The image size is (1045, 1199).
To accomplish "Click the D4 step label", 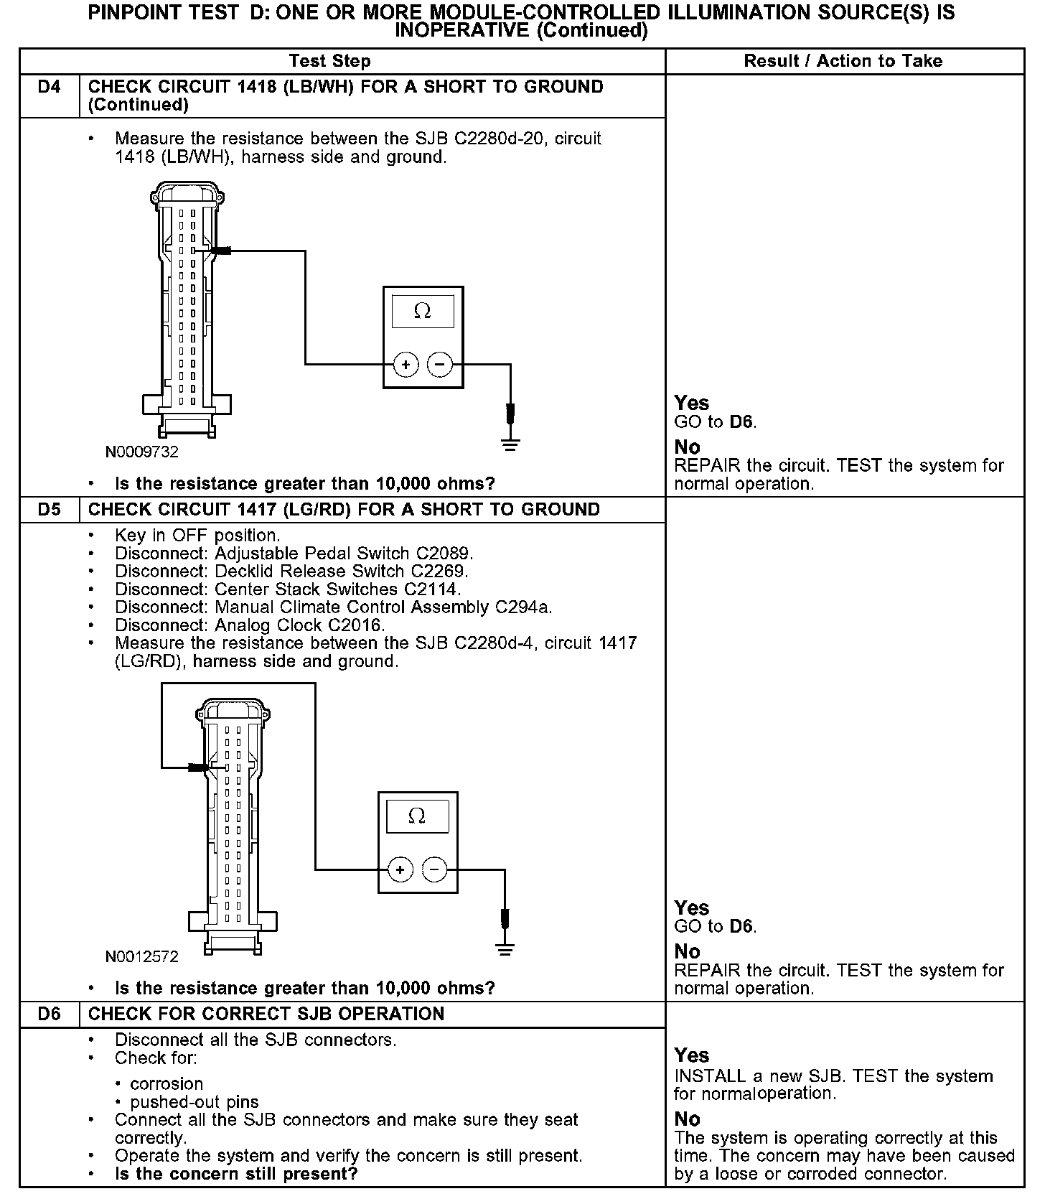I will click(x=49, y=87).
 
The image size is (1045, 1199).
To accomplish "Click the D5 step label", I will click(x=49, y=510).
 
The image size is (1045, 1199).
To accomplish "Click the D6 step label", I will click(x=49, y=1014).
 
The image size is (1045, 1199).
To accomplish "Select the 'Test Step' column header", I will click(x=329, y=61).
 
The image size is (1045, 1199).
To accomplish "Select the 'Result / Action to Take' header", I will click(x=843, y=61).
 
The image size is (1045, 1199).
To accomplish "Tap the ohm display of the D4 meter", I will click(x=423, y=311).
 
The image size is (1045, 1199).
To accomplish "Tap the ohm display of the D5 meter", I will click(x=417, y=816).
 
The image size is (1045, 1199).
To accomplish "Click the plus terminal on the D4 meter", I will click(x=406, y=365).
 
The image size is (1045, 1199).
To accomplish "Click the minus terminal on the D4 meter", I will click(x=439, y=365).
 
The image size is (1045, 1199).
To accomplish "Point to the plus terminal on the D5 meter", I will click(x=400, y=870).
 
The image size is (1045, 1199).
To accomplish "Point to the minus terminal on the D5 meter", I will click(x=434, y=870).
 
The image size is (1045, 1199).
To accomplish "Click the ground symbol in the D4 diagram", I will click(x=510, y=443).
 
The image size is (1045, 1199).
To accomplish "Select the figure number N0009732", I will click(x=142, y=452).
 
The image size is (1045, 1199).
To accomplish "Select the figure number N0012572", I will click(x=142, y=957).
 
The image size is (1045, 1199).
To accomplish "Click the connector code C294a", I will click(x=524, y=607).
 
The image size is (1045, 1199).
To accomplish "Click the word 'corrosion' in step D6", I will click(x=167, y=1083).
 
